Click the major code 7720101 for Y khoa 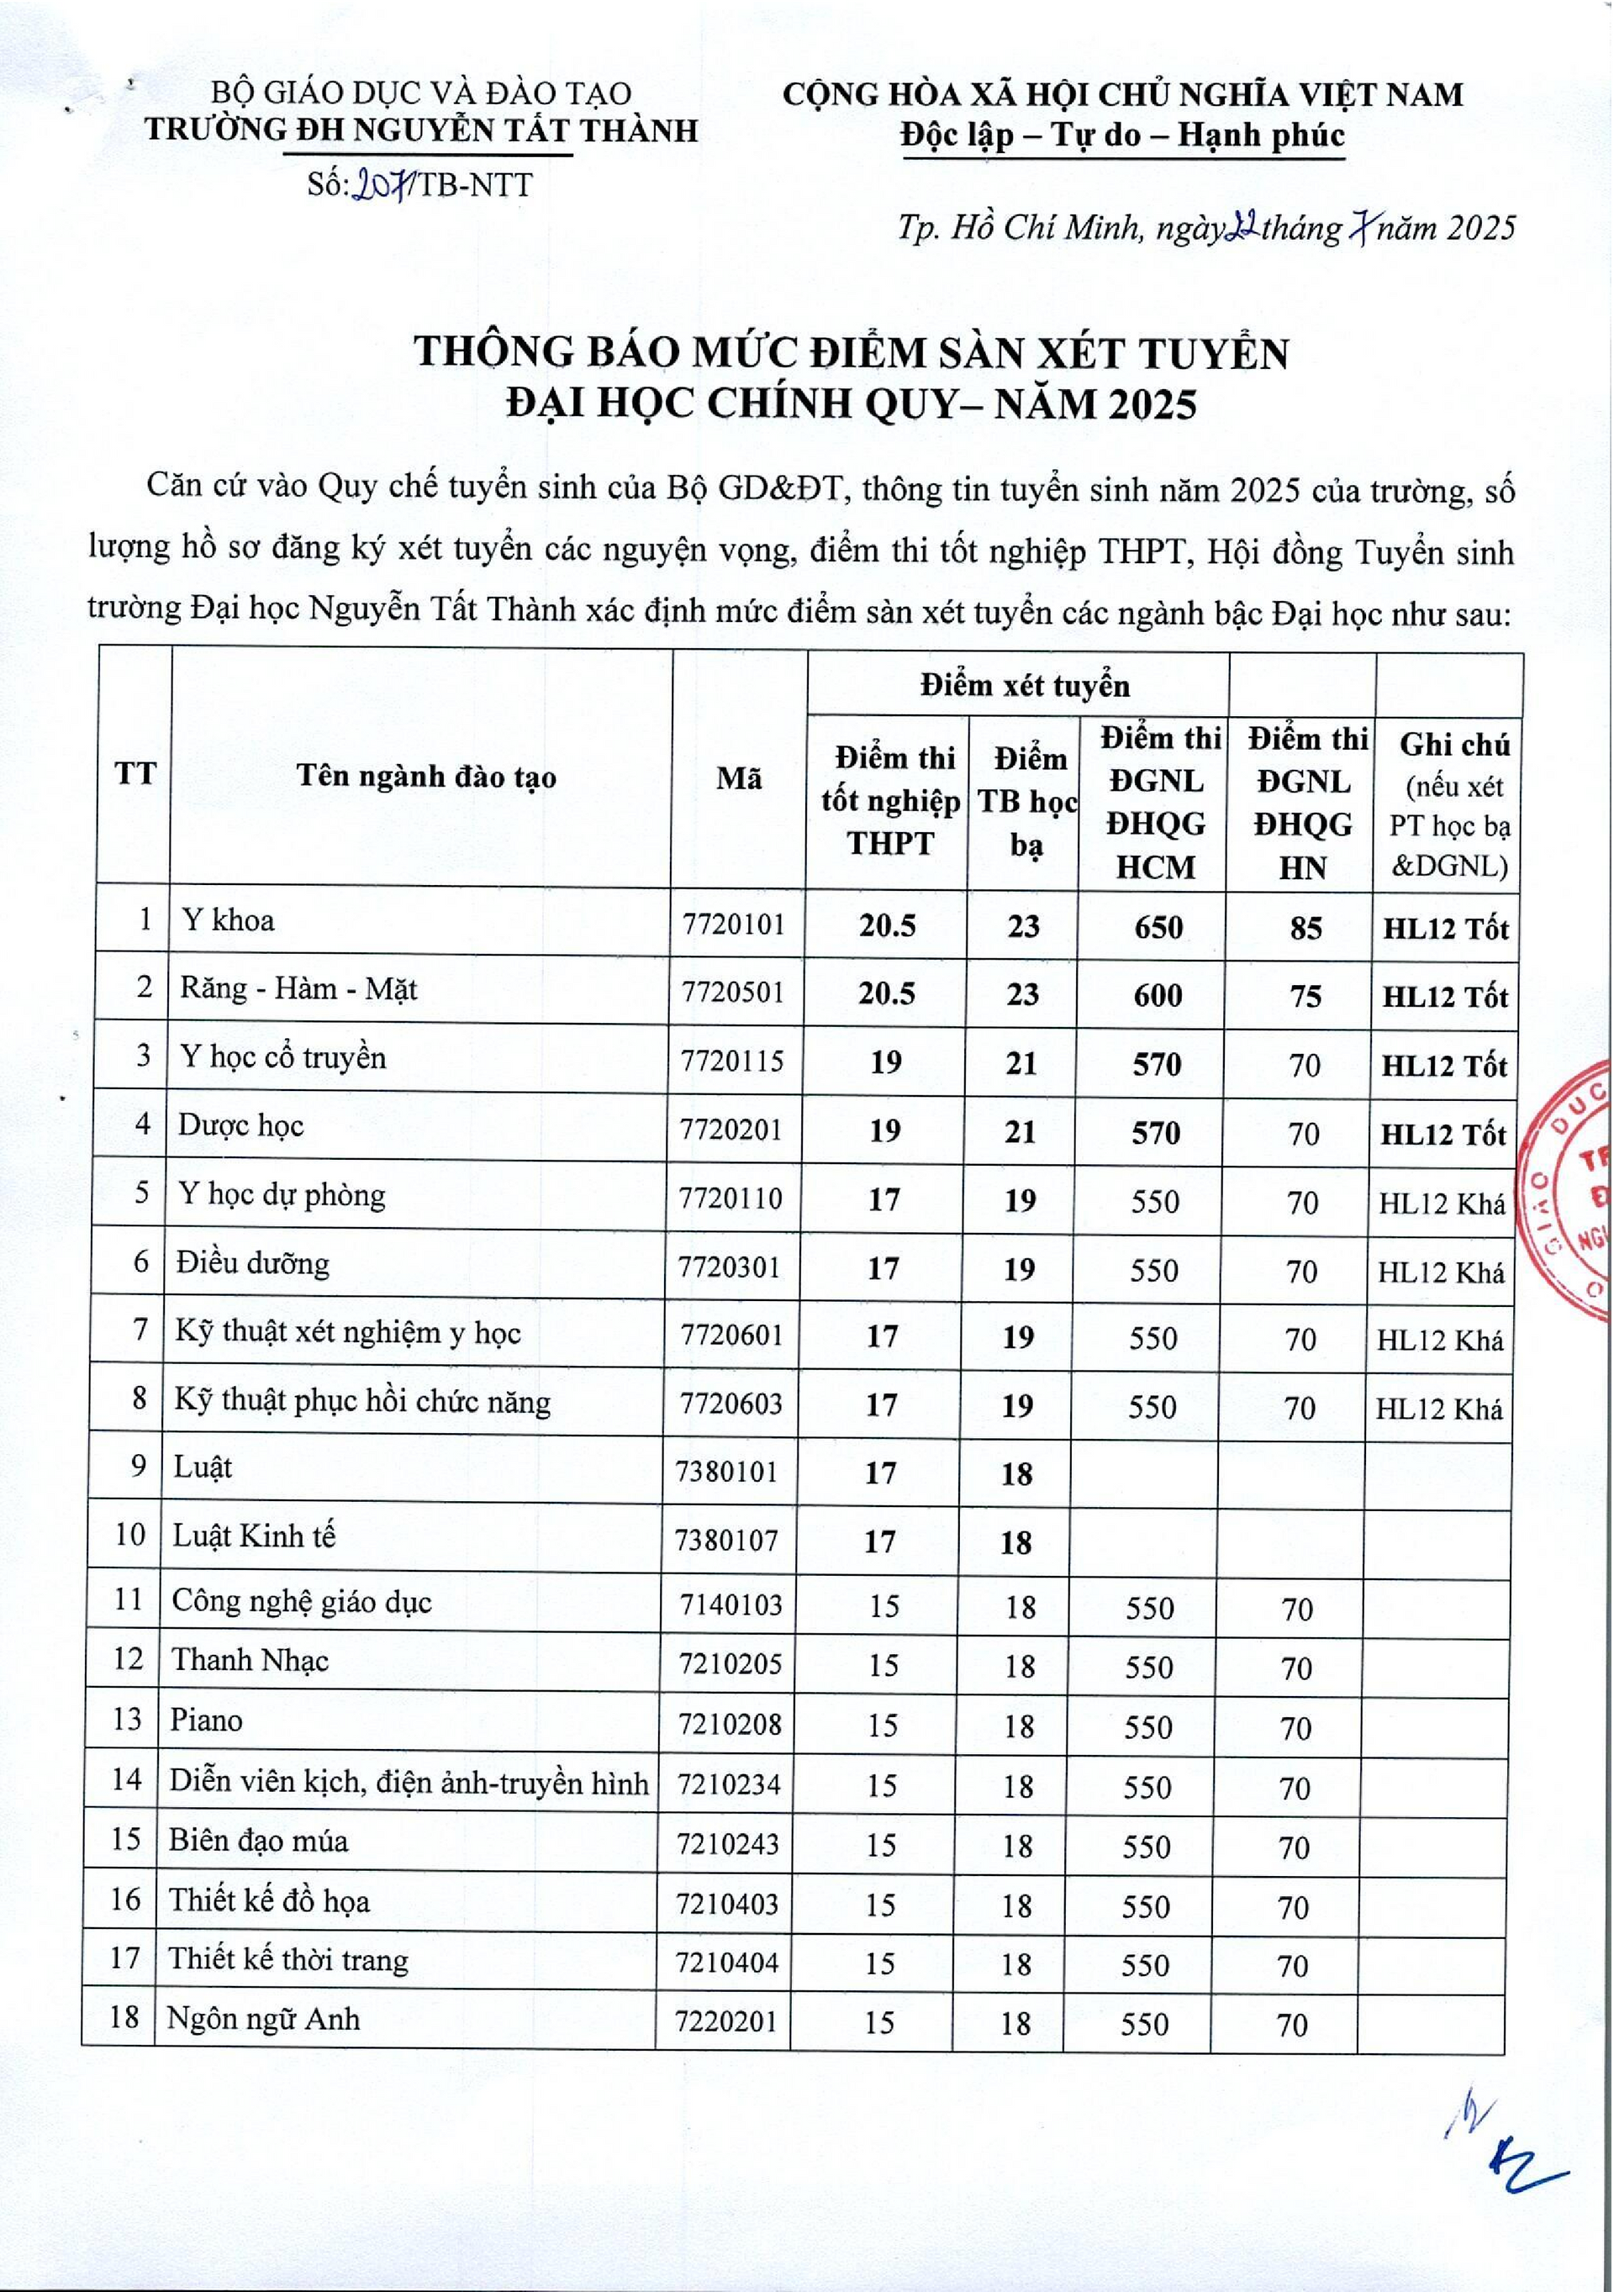(x=734, y=925)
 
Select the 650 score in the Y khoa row (x=1158, y=927)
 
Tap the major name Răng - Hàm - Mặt (x=298, y=989)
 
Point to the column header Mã (x=739, y=778)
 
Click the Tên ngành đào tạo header (x=426, y=777)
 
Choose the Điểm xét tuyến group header (x=1024, y=685)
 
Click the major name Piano (x=207, y=1720)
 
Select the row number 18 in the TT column (x=124, y=2017)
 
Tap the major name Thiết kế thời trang (x=288, y=1958)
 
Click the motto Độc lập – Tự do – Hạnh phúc (x=1122, y=136)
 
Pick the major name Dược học (x=240, y=1126)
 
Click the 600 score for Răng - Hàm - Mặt (x=1158, y=995)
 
